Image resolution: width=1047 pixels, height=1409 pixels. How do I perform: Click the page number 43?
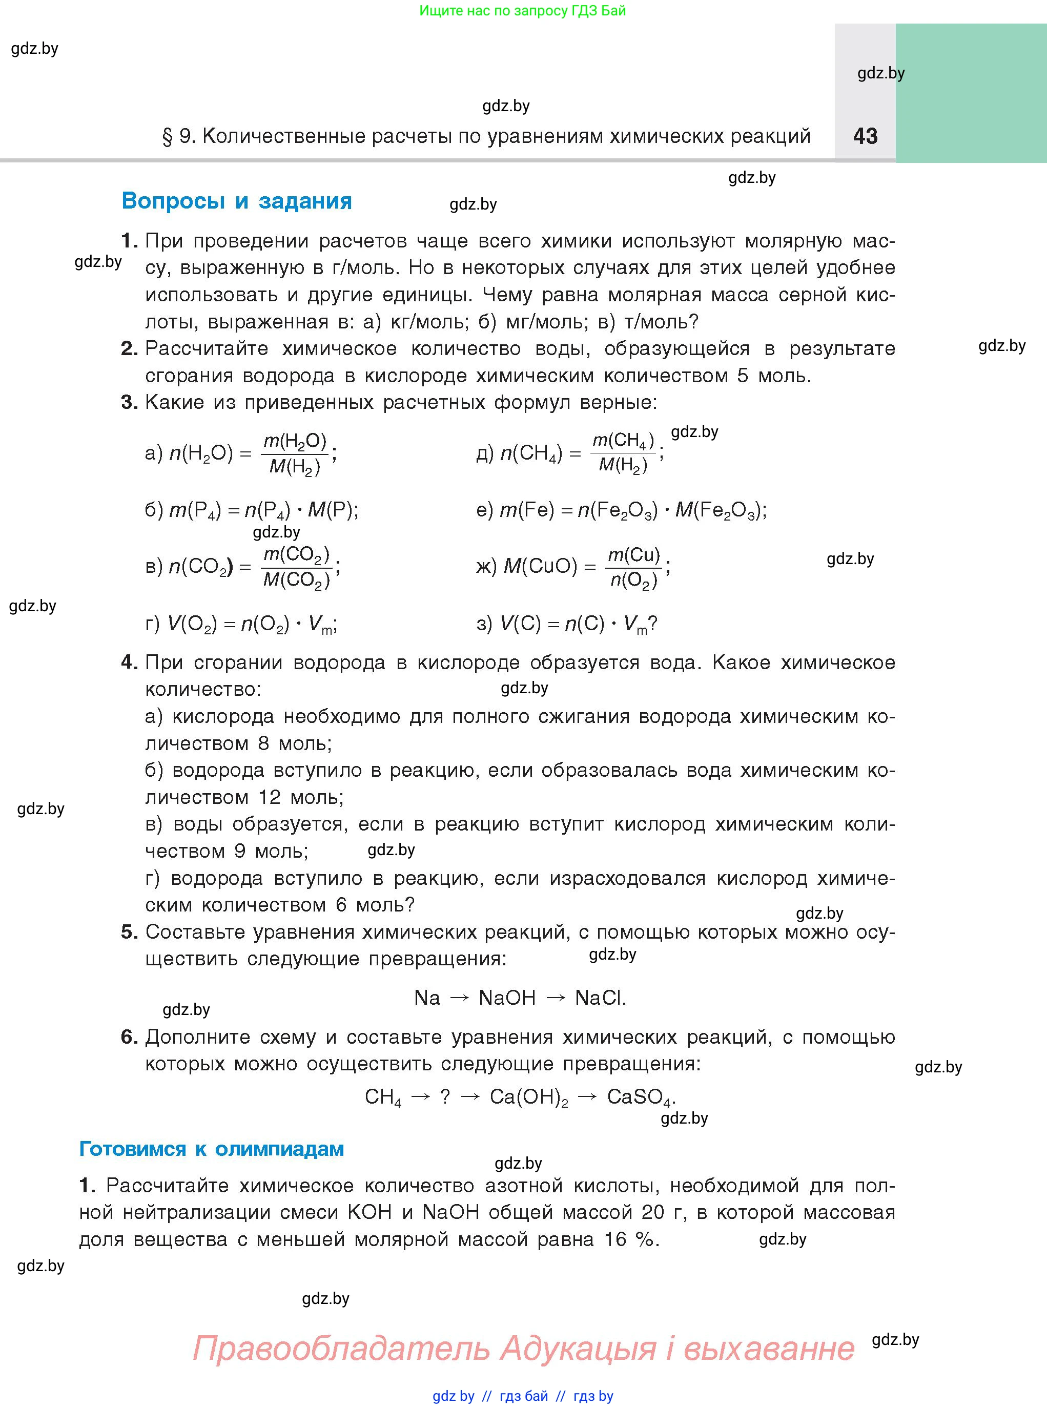[x=865, y=136]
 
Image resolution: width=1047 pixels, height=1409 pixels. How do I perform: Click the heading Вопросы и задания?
[x=236, y=201]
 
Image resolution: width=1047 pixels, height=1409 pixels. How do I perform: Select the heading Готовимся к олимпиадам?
[x=211, y=1149]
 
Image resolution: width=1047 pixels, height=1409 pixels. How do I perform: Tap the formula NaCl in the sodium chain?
[x=600, y=998]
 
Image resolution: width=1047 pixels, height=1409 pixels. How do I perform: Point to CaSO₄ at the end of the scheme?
[x=640, y=1097]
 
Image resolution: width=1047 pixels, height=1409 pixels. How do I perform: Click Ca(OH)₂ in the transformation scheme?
[x=528, y=1097]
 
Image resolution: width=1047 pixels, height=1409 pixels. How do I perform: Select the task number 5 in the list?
[x=129, y=931]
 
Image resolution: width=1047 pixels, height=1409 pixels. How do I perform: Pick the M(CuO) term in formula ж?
[x=540, y=566]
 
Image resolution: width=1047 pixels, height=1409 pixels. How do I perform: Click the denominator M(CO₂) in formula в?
[x=296, y=579]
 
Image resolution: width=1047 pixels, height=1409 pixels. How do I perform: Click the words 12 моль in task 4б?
[x=300, y=797]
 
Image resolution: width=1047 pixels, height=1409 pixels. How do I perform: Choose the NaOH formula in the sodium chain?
[x=507, y=998]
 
